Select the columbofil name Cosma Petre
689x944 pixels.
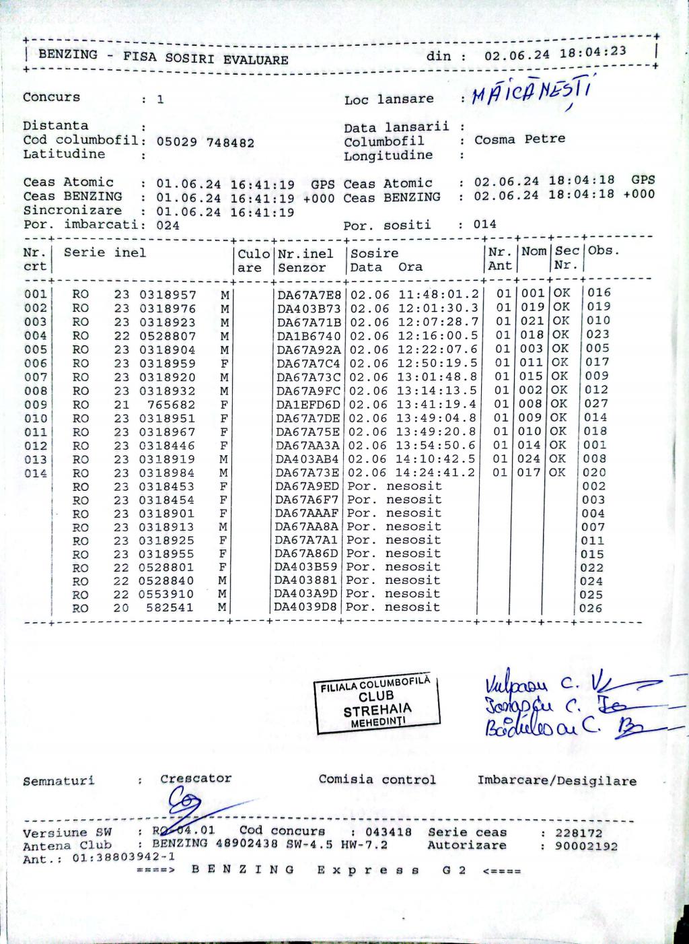[519, 139]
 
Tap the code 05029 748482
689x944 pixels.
[205, 142]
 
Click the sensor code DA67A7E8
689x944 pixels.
[310, 294]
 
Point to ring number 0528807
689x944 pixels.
[168, 336]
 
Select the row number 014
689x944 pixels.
[36, 473]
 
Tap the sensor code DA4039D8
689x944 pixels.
[307, 607]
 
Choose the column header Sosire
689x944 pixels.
[375, 253]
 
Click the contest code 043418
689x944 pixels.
[389, 832]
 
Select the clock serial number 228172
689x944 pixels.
[579, 833]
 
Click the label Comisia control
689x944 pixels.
[377, 780]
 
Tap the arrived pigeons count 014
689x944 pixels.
[484, 224]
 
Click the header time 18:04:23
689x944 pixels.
[593, 52]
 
